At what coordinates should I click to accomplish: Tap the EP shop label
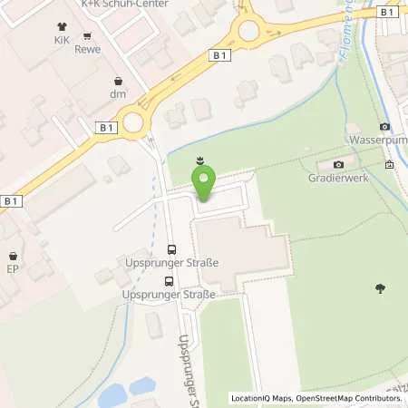13,269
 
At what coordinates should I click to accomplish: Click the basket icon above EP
13,256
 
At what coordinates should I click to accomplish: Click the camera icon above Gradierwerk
338,164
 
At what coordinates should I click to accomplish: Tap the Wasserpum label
379,141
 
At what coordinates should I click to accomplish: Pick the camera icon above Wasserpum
384,126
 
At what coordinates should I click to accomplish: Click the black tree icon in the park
378,288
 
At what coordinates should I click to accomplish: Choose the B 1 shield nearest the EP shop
11,200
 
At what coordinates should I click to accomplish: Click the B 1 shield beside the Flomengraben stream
387,12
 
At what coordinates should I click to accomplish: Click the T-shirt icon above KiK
63,26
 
